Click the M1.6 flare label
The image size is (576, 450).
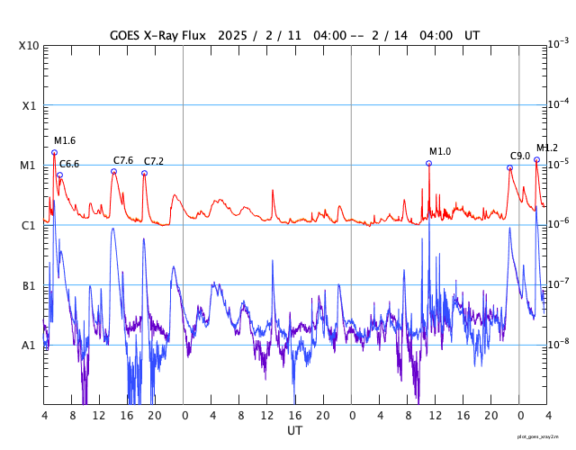point(65,141)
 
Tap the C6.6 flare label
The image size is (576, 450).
point(69,164)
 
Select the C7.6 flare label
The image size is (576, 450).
point(123,160)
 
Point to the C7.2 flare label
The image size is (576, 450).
point(154,161)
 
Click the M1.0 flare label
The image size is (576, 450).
point(440,151)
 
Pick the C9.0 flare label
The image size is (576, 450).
point(520,156)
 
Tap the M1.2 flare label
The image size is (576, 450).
point(547,148)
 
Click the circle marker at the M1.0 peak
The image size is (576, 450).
point(428,163)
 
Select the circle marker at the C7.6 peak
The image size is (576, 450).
point(113,171)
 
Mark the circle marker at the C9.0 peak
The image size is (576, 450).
point(509,167)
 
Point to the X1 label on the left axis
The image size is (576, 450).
point(29,105)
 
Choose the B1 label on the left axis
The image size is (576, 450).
point(29,285)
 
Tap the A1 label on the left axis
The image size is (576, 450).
point(29,345)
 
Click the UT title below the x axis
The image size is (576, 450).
point(295,430)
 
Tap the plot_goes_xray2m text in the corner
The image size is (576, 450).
point(537,436)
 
